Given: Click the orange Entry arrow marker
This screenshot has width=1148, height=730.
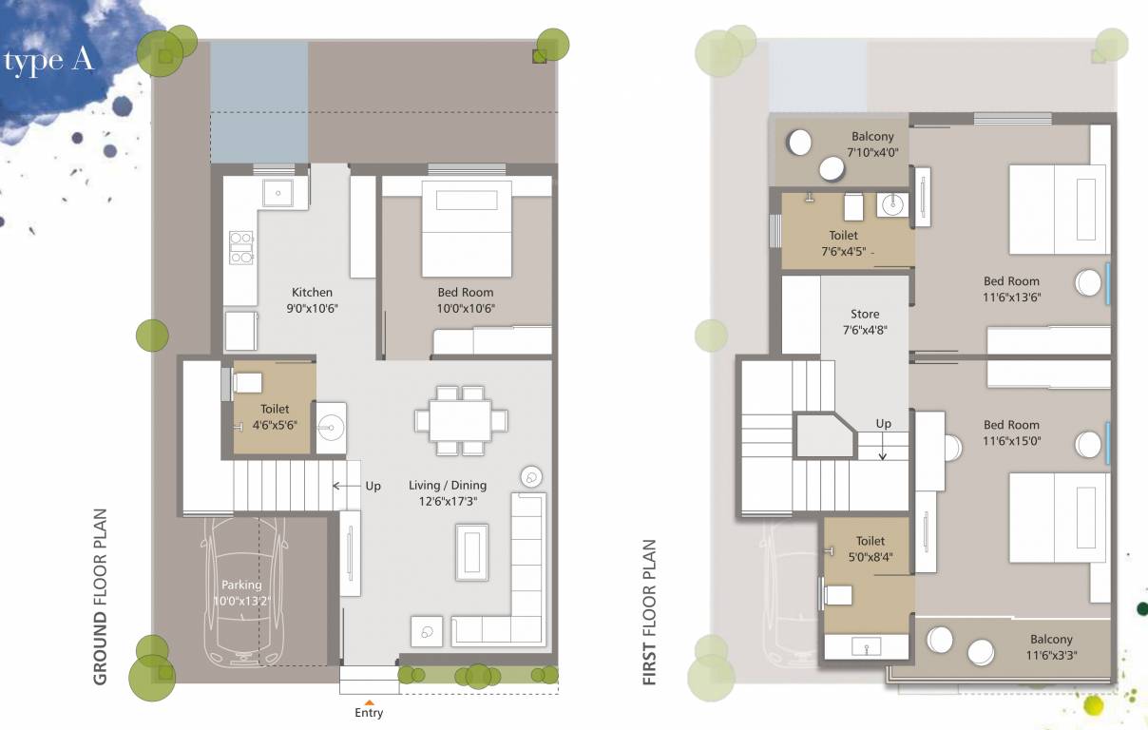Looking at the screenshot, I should tap(369, 701).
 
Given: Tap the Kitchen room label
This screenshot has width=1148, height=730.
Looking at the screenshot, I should tap(312, 293).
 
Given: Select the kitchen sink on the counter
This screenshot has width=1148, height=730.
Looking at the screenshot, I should tap(278, 192).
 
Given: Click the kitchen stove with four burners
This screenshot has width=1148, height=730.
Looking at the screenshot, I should tap(240, 246).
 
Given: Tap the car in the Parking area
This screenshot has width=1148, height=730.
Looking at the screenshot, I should tap(242, 589).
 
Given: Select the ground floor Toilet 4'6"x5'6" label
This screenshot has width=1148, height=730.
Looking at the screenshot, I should tap(275, 417).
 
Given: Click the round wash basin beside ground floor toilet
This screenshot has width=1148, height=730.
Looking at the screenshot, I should tap(332, 423).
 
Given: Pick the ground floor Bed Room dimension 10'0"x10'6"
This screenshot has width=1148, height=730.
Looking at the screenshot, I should tap(466, 308).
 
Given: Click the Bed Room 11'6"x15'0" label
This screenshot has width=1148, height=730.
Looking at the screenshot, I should tap(1011, 432).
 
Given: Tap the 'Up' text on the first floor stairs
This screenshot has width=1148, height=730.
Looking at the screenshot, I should tap(884, 424).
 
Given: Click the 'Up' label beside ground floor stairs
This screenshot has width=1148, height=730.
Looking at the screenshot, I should tap(373, 486).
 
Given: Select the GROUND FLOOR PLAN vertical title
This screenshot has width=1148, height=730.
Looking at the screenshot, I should tap(101, 598).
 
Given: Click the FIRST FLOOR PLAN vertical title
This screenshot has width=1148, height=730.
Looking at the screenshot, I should tap(650, 613).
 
